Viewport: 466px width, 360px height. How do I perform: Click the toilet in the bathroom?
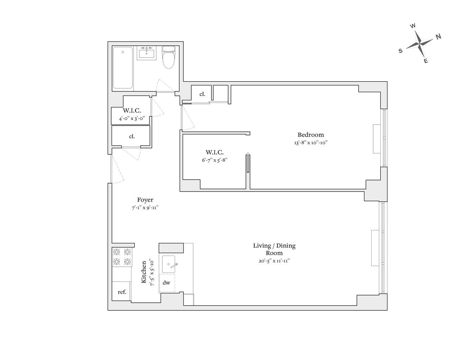tap(168, 58)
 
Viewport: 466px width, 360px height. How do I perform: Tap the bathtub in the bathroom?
tap(122, 68)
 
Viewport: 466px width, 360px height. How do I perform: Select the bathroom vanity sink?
tap(147, 54)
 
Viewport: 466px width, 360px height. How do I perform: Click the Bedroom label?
tap(310, 135)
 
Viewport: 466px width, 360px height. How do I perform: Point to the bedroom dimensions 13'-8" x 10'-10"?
tap(310, 143)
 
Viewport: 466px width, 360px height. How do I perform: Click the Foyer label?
tap(145, 200)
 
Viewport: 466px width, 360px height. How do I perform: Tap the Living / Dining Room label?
tap(274, 249)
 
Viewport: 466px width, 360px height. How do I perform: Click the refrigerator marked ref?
tap(122, 292)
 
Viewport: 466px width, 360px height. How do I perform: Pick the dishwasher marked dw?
tap(166, 283)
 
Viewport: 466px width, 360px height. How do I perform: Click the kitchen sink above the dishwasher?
tap(169, 265)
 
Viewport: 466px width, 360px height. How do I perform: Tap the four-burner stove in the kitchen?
tap(122, 257)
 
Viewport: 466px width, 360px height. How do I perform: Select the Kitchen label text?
tap(144, 272)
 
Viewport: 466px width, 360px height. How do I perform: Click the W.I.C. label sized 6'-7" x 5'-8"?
tap(215, 152)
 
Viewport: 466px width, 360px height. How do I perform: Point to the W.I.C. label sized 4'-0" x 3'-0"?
tap(132, 111)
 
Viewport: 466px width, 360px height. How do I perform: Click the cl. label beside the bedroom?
tap(202, 94)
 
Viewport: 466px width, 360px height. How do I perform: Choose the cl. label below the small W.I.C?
tap(132, 136)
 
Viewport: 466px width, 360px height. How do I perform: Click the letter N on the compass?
tap(438, 36)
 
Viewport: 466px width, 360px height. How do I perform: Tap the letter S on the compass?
tap(400, 51)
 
